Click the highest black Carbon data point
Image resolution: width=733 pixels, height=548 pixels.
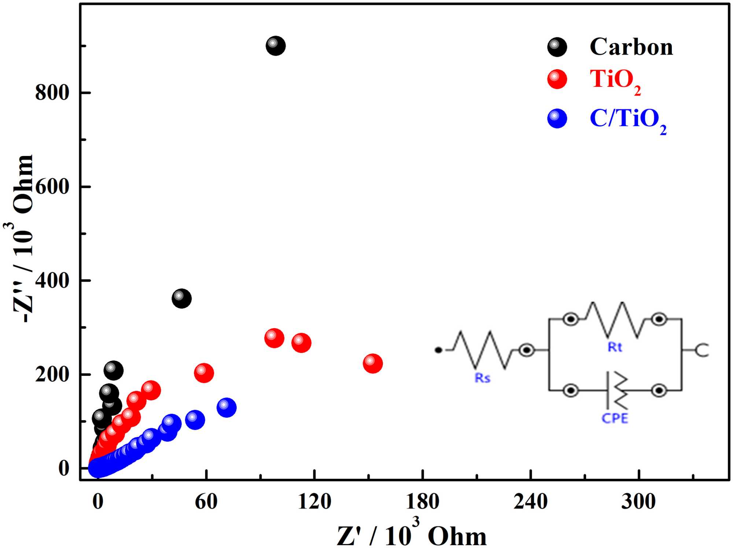276,46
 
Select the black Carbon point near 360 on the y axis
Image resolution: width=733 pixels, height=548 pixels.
181,299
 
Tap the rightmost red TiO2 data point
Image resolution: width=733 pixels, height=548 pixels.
373,363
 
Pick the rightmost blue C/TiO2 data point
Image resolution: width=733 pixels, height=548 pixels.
226,407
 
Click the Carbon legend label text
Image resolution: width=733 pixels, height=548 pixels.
631,47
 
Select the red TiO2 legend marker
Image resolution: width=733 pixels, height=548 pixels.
557,79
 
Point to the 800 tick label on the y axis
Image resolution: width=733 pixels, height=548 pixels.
52,92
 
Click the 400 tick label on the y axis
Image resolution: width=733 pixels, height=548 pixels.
52,281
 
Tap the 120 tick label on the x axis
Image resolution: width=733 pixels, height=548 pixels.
314,501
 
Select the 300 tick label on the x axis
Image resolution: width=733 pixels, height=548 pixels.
638,501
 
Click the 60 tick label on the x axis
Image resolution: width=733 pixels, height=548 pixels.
206,501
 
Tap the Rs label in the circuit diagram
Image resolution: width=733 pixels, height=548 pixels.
482,378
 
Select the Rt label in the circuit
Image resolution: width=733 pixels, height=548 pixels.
615,347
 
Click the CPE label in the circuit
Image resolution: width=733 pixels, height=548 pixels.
615,418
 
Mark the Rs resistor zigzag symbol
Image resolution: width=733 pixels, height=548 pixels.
483,350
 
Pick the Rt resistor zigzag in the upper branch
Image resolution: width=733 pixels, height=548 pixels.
615,319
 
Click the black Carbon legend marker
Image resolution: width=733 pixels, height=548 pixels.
557,47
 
